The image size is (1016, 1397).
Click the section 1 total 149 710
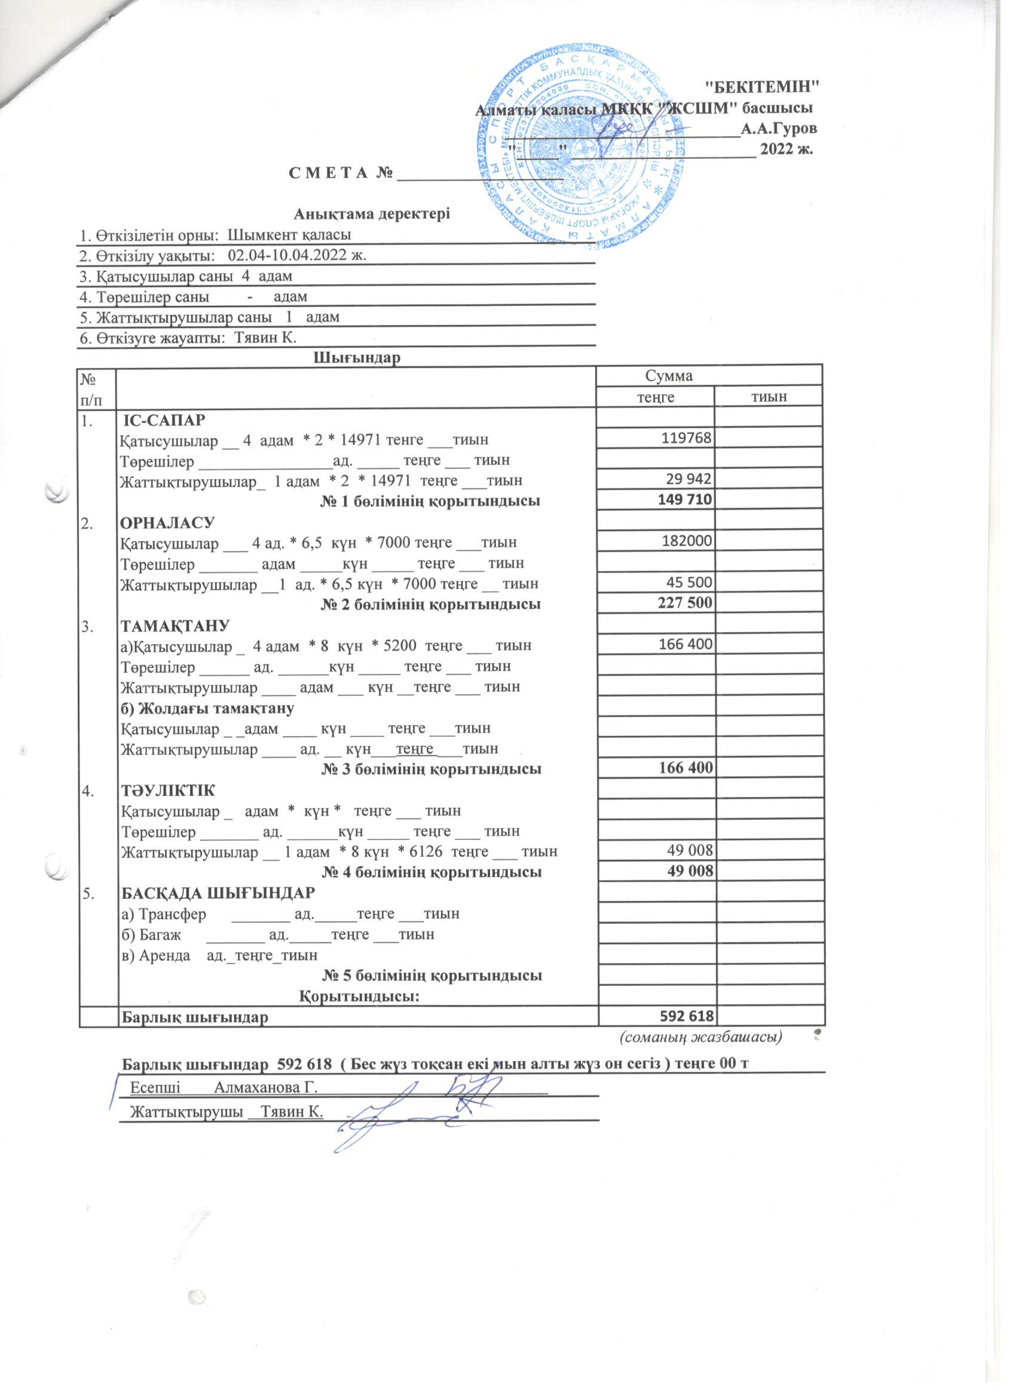point(685,500)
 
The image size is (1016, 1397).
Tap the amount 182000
point(688,541)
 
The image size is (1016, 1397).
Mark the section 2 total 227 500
point(685,603)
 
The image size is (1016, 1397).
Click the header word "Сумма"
point(668,376)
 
